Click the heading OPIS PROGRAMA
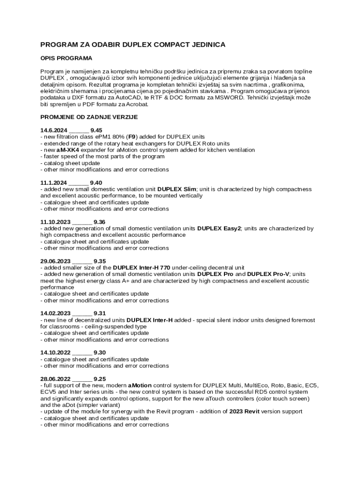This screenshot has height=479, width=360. [x=66, y=58]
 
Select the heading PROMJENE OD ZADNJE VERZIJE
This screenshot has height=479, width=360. [x=89, y=117]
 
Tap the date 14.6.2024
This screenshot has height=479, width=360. [x=54, y=131]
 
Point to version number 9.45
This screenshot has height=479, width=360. [x=96, y=131]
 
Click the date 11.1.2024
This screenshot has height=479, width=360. [x=54, y=182]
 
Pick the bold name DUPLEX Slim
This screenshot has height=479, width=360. [x=177, y=189]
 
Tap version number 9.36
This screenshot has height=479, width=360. [x=100, y=222]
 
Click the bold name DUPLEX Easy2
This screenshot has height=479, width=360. [x=219, y=228]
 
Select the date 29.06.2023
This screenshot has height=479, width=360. [x=56, y=261]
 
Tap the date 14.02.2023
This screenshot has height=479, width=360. [x=56, y=313]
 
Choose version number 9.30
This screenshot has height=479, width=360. [x=100, y=353]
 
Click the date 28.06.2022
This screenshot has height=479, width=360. [x=56, y=379]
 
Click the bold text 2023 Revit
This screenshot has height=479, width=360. [x=244, y=412]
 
